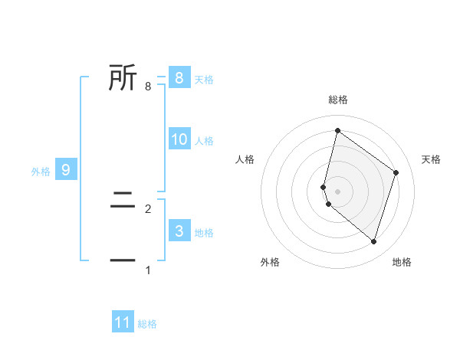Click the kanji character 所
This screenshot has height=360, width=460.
point(123,78)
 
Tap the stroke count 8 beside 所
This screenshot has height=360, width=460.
point(147,87)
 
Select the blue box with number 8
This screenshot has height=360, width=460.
point(179,78)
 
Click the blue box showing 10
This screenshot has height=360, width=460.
point(179,139)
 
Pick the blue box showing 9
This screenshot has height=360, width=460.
point(66,170)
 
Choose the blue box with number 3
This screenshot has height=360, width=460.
point(179,231)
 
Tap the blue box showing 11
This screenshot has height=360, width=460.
point(123,322)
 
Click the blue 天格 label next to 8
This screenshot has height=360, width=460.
point(204,80)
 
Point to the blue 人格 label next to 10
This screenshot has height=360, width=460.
point(204,141)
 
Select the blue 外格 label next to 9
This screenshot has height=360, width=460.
point(41,172)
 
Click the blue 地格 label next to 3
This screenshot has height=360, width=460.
point(204,233)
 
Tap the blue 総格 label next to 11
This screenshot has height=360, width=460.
point(147,324)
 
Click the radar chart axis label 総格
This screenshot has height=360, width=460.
point(338,100)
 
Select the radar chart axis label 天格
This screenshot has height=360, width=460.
point(431,159)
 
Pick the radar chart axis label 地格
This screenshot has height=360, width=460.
point(402,262)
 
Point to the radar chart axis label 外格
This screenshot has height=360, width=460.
point(270,262)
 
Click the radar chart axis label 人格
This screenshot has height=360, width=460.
point(245,159)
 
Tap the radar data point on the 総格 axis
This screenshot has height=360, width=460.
point(337,130)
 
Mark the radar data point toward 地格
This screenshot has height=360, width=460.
point(373,241)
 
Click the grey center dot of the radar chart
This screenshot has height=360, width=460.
point(337,191)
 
